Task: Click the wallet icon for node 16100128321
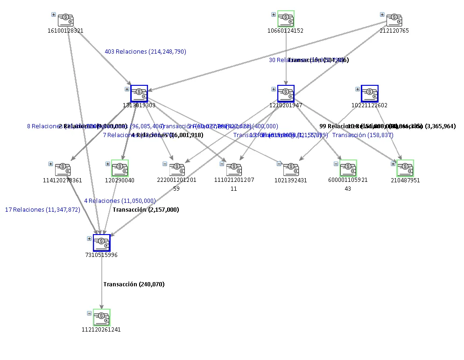point(66,20)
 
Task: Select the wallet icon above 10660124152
point(286,19)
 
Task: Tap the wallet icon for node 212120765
point(394,20)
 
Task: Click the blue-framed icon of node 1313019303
point(139,94)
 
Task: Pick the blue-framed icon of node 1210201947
point(286,94)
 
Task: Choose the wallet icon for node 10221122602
point(370,94)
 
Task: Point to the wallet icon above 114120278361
point(63,169)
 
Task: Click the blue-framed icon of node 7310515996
point(102,243)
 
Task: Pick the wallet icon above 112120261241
point(102,318)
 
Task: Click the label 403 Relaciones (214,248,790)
point(145,52)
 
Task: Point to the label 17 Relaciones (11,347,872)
point(42,210)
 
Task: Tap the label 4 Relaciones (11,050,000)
point(120,201)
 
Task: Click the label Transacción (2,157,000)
point(146,210)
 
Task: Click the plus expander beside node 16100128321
point(54,14)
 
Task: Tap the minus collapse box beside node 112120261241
point(89,313)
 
